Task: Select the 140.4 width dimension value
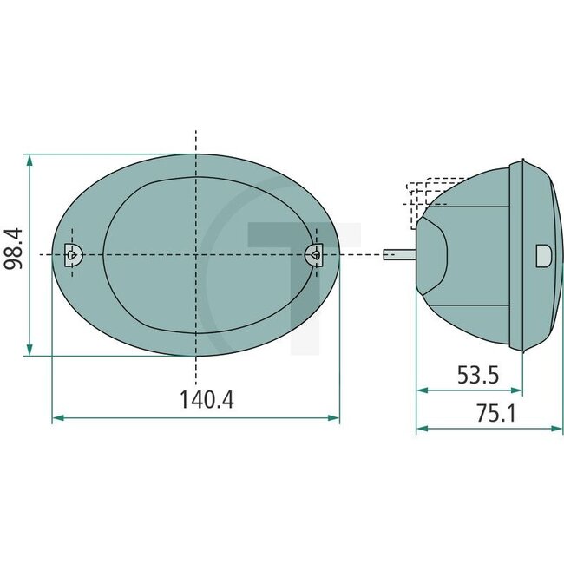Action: point(207,400)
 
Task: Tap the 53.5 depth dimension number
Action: point(478,375)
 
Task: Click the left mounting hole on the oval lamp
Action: point(73,253)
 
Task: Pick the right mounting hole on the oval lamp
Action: point(316,253)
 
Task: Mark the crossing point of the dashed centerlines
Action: point(196,253)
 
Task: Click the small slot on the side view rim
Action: point(544,254)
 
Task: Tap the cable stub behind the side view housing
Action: point(399,254)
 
